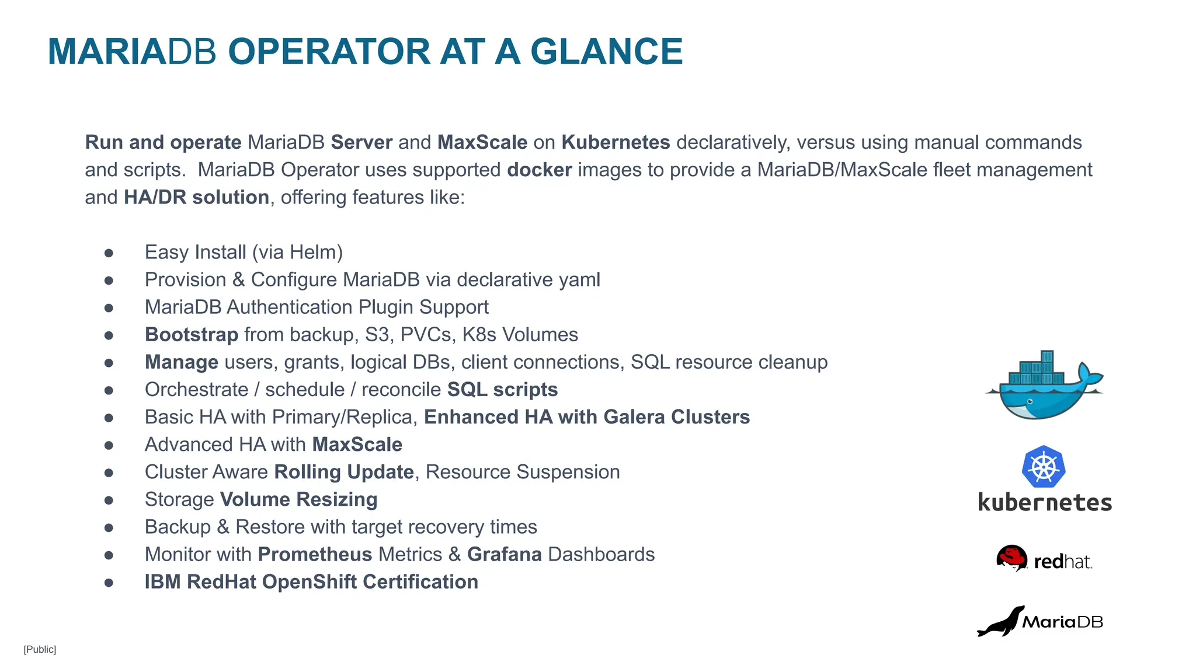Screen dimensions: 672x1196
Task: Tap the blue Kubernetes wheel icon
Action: tap(1044, 467)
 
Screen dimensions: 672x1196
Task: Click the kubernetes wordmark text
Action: tap(1045, 503)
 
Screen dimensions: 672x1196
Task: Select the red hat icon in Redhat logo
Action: tap(1011, 557)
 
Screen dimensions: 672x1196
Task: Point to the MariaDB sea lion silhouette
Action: tap(1000, 623)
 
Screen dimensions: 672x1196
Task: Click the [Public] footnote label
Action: tap(40, 649)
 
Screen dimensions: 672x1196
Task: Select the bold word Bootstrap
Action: tap(192, 335)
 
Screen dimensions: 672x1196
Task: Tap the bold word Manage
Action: tap(182, 362)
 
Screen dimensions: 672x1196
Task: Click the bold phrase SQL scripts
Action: tap(502, 390)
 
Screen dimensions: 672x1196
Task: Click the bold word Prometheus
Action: tap(315, 554)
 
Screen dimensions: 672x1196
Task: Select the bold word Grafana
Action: tap(504, 554)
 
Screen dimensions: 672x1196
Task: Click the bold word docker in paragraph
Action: tap(539, 170)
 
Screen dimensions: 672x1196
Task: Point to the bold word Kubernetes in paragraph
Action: tap(616, 142)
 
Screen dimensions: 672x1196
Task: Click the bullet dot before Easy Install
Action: tap(109, 253)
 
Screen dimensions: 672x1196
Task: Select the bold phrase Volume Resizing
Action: tap(298, 499)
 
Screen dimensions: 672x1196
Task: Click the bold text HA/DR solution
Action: tap(196, 197)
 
